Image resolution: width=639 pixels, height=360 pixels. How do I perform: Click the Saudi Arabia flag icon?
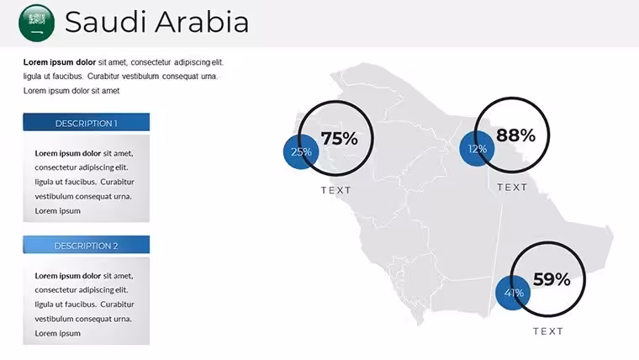tap(37, 23)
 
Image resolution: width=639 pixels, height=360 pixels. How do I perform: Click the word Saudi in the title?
tap(106, 22)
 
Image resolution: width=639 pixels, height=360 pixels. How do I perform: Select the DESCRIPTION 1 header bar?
tap(87, 122)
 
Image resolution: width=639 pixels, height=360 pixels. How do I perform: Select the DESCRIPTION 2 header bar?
tap(87, 245)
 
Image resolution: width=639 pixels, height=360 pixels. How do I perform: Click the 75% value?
tap(340, 138)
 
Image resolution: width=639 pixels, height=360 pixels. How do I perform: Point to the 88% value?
tap(515, 135)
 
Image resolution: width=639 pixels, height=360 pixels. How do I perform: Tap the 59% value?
tap(552, 279)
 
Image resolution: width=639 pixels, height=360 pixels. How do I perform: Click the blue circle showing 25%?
tap(301, 151)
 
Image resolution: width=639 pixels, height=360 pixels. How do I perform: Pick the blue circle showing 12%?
tap(477, 149)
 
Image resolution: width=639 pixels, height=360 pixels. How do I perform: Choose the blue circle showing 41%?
tap(513, 293)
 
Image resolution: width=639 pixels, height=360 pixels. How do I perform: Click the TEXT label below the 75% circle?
tap(335, 190)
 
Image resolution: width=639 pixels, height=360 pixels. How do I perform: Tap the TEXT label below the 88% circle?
tap(512, 187)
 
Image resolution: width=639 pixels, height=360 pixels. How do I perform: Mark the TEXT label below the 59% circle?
tap(548, 331)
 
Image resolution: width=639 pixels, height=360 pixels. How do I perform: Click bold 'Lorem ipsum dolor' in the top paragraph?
tap(60, 62)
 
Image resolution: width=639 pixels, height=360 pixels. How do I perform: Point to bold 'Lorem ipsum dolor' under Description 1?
tap(67, 153)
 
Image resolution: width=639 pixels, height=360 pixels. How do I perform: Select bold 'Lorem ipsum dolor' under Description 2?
tap(67, 276)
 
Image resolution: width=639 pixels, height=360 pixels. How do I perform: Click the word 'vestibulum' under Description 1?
tap(52, 197)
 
